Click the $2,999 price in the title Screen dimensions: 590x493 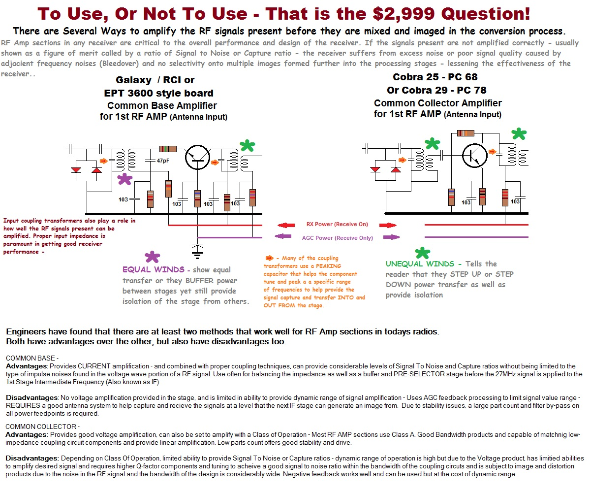pyautogui.click(x=404, y=14)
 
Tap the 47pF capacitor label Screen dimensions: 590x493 pyautogui.click(x=163, y=161)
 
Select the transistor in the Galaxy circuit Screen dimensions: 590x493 pyautogui.click(x=197, y=158)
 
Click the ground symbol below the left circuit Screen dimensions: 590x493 pyautogui.click(x=197, y=251)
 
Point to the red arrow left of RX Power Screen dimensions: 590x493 pyautogui.click(x=286, y=225)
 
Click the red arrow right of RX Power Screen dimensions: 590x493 pyautogui.click(x=388, y=225)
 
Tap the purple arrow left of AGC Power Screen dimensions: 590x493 pyautogui.click(x=283, y=236)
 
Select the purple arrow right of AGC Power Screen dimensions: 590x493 pyautogui.click(x=391, y=237)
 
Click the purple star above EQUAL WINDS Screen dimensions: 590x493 pyautogui.click(x=152, y=257)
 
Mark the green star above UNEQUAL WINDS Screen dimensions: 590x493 pyautogui.click(x=422, y=253)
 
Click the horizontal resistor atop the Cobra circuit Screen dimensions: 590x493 pyautogui.click(x=466, y=133)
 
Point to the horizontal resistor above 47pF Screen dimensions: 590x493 pyautogui.click(x=168, y=149)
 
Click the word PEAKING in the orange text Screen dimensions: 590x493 pyautogui.click(x=328, y=266)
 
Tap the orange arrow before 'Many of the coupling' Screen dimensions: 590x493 pyautogui.click(x=270, y=258)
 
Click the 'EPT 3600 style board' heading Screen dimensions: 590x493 pyautogui.click(x=159, y=93)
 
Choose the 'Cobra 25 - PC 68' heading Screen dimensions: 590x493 pyautogui.click(x=435, y=77)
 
